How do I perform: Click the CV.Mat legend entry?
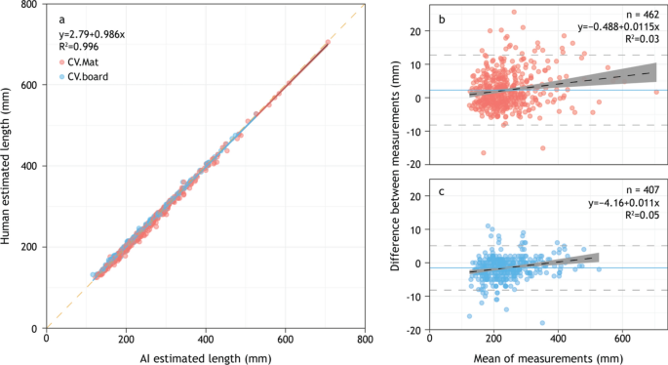(x=88, y=61)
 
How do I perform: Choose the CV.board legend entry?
(x=90, y=75)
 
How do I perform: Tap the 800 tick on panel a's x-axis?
(x=364, y=339)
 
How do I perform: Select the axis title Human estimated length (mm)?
(x=9, y=166)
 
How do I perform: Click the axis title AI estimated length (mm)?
(x=206, y=356)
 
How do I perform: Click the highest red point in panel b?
(x=514, y=13)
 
